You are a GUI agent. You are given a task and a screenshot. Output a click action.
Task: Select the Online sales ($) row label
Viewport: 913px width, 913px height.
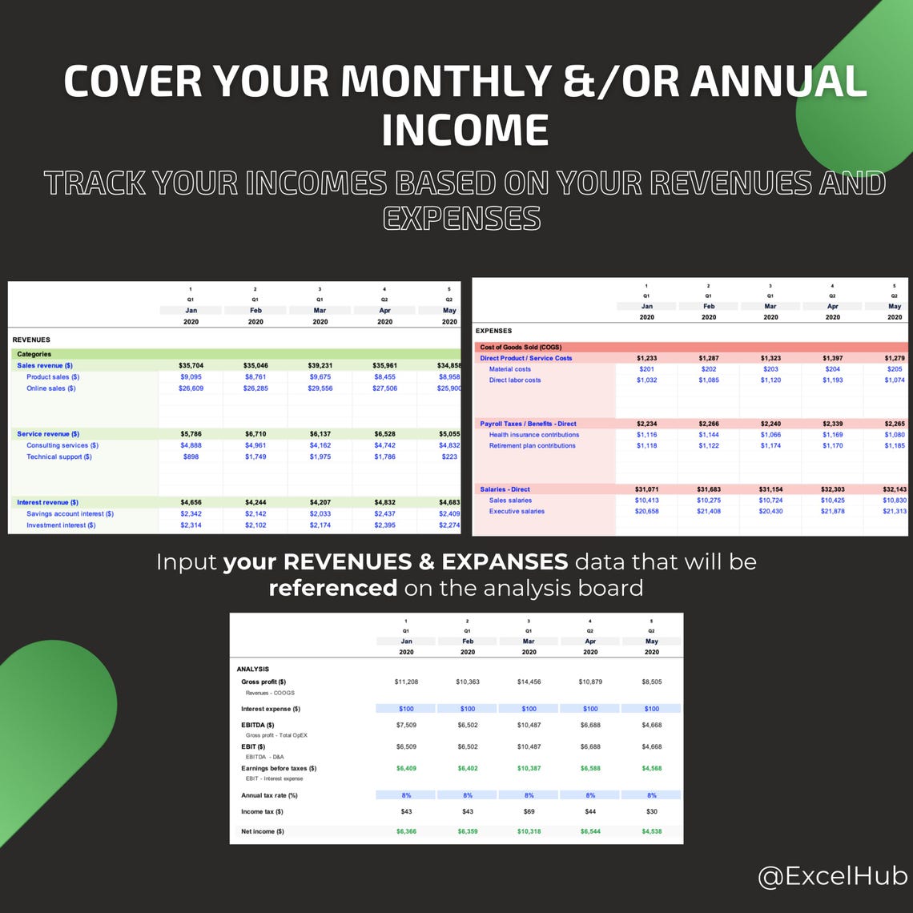[x=51, y=388]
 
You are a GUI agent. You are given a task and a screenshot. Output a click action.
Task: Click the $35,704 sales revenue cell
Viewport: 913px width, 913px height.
[x=191, y=365]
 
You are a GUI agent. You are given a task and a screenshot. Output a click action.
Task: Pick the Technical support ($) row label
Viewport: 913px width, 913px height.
[x=59, y=456]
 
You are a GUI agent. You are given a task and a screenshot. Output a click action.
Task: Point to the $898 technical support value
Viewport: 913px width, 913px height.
[x=191, y=456]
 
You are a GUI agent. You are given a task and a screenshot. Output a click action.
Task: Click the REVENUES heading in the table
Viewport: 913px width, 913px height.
[x=31, y=340]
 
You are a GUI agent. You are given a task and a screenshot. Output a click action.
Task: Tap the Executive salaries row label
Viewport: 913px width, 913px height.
[x=517, y=511]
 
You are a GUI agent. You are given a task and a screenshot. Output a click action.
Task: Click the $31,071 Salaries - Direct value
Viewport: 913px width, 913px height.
[x=646, y=489]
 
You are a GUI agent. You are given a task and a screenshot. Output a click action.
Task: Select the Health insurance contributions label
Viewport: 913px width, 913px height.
[x=534, y=435]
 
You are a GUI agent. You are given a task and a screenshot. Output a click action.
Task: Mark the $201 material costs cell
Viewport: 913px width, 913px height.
[x=646, y=369]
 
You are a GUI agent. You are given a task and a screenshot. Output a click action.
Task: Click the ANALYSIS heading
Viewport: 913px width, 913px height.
[x=253, y=669]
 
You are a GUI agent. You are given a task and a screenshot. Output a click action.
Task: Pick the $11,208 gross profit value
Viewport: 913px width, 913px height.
[x=406, y=682]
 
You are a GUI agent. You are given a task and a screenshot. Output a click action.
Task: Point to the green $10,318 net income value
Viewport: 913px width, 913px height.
[x=529, y=831]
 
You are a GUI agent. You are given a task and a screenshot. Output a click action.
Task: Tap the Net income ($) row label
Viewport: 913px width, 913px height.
[x=263, y=831]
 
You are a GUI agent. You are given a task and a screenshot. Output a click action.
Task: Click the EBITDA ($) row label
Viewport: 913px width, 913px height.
[x=258, y=725]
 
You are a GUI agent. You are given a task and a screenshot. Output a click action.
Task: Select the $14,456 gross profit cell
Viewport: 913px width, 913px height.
[x=529, y=682]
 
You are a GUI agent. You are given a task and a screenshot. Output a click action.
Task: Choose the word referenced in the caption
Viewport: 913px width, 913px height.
[x=332, y=588]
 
